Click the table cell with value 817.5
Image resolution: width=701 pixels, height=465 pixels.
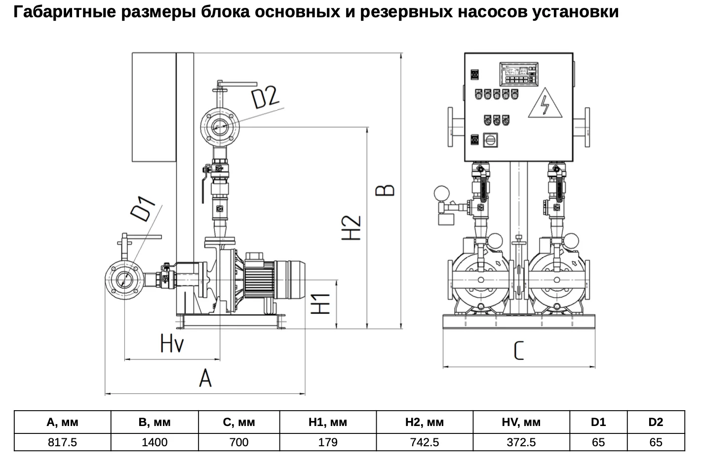point(62,442)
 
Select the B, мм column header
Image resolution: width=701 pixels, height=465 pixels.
point(155,422)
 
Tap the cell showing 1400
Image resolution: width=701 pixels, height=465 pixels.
point(155,442)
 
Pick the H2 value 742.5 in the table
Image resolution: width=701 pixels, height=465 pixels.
point(425,442)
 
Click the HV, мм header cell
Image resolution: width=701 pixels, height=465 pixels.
point(521,422)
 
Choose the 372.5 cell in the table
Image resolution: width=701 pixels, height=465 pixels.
point(521,442)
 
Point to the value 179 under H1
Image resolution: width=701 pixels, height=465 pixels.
point(328,442)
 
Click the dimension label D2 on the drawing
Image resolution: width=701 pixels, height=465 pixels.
point(265,98)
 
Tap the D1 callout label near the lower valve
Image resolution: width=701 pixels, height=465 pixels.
point(142,209)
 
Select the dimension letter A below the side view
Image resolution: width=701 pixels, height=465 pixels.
point(205,378)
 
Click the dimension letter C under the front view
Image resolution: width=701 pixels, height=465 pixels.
point(518,350)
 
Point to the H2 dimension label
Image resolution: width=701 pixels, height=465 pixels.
point(351,228)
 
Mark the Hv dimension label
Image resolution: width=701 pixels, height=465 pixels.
point(172,343)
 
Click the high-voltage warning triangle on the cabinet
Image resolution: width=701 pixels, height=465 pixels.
point(545,103)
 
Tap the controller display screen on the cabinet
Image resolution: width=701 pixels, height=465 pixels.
point(519,74)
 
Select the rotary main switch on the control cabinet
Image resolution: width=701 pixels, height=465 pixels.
point(490,140)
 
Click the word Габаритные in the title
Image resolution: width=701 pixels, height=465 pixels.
point(65,12)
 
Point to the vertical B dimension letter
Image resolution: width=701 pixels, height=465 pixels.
point(385,191)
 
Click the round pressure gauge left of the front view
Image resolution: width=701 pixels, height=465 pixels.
point(441,194)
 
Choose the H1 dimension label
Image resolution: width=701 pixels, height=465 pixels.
point(320,304)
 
